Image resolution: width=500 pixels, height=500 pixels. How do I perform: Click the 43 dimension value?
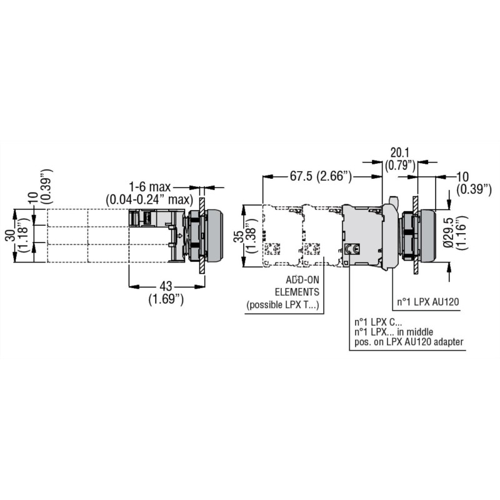coord(166,286)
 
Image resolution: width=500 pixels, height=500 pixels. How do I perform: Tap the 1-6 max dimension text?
coord(151,186)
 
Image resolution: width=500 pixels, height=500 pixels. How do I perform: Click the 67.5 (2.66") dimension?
coord(321,177)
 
